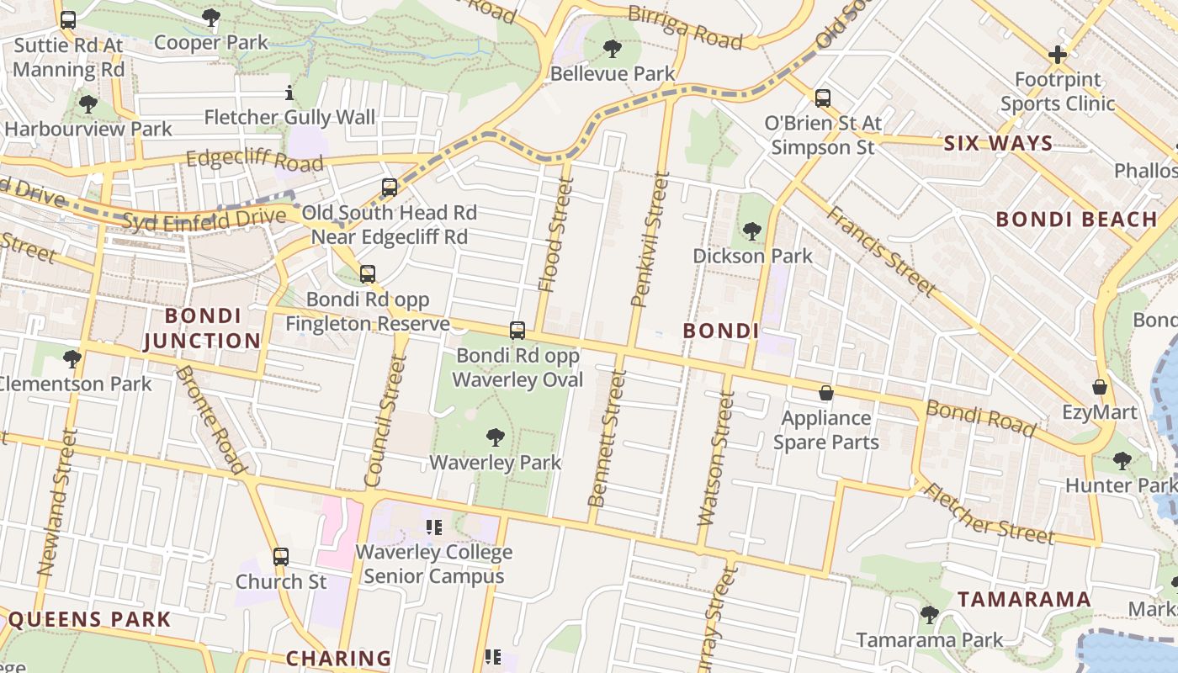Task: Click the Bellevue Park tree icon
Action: pos(613,49)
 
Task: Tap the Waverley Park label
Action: pos(495,462)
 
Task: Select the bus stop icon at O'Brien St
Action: pos(823,98)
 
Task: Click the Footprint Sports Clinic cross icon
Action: pos(1057,56)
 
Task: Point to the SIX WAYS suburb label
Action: pos(998,144)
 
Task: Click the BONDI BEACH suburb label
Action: pos(1077,220)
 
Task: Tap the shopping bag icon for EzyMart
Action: pos(1099,387)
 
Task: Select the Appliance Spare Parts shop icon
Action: pos(826,393)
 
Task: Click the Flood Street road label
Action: pos(555,236)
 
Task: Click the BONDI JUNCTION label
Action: pos(202,328)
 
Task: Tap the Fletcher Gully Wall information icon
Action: pos(289,93)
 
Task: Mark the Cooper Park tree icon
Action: pos(211,18)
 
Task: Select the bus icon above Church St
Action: pos(281,557)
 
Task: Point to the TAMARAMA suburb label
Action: pos(1024,600)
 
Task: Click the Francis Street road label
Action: pos(880,251)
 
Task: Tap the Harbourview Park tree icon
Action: pos(88,104)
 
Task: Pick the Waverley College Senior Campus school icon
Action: pos(434,528)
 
